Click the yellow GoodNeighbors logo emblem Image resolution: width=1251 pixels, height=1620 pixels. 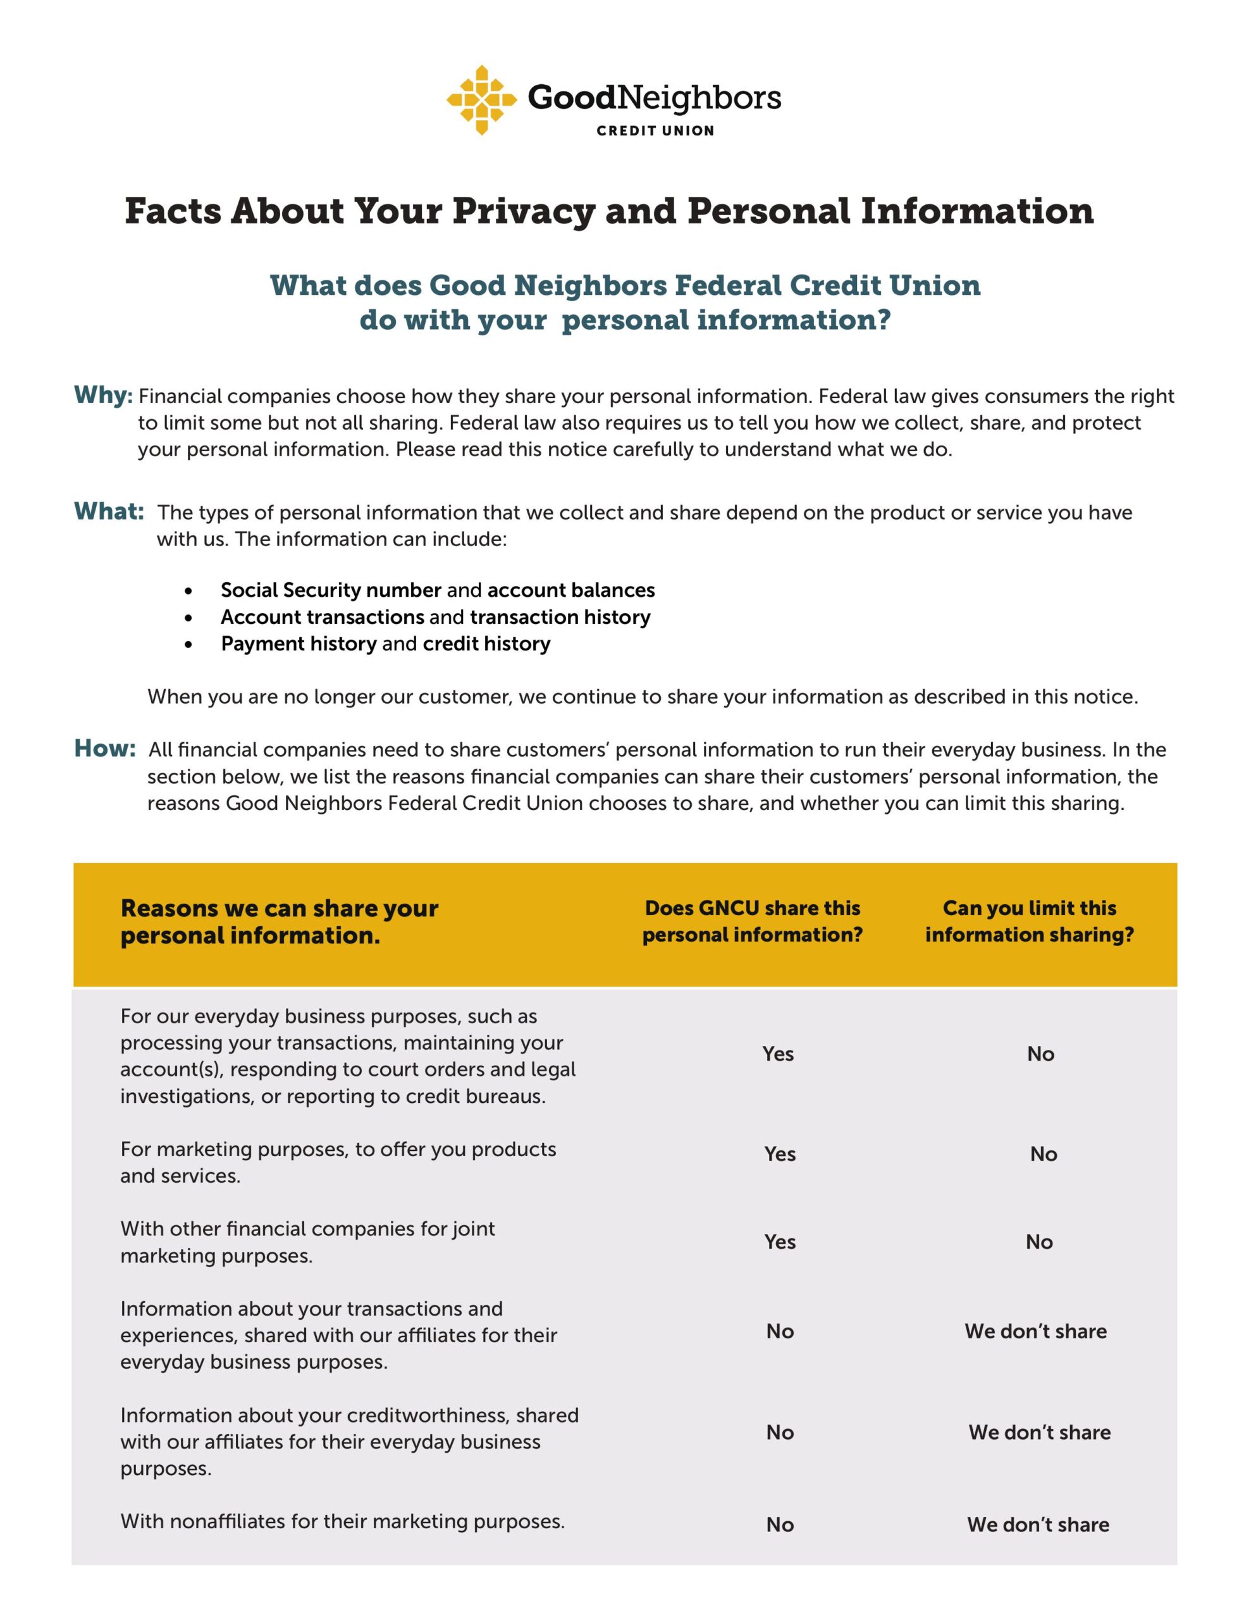[x=481, y=100]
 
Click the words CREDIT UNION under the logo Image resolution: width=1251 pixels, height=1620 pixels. [x=655, y=130]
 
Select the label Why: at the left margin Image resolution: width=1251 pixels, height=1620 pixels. [x=103, y=396]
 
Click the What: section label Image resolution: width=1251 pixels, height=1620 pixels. [x=108, y=511]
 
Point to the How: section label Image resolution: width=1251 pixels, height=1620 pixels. [x=104, y=749]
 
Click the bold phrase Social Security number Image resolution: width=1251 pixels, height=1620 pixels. [x=331, y=590]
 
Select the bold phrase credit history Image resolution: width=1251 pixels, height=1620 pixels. [x=486, y=644]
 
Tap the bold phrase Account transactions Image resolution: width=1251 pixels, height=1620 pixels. [x=322, y=617]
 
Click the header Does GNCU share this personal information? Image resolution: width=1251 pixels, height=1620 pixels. [x=752, y=921]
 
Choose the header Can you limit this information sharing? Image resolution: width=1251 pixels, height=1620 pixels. [x=1029, y=921]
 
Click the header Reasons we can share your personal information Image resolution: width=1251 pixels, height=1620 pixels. [x=279, y=922]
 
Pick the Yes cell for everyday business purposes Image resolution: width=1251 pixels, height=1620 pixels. [x=778, y=1054]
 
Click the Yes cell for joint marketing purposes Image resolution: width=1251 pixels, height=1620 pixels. [x=779, y=1242]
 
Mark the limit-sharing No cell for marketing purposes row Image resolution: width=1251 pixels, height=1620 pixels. [x=1043, y=1154]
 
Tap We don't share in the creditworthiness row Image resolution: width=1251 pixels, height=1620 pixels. [x=1039, y=1432]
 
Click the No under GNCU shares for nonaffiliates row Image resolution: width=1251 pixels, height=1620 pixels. [x=779, y=1524]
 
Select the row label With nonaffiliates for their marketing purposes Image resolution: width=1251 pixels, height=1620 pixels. [x=343, y=1521]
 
